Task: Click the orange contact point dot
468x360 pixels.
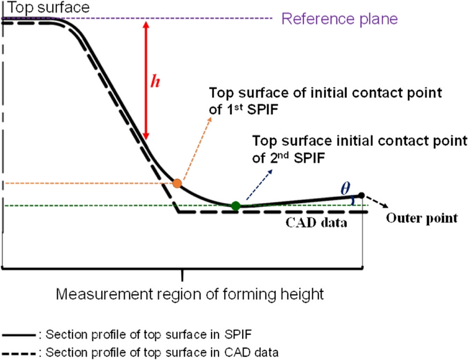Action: coord(177,183)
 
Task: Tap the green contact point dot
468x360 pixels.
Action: coord(235,206)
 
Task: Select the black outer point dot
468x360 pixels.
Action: coord(361,195)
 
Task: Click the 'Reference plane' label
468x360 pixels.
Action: coord(339,19)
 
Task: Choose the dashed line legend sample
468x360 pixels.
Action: coord(19,353)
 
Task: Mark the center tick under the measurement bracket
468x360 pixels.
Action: coord(183,274)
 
